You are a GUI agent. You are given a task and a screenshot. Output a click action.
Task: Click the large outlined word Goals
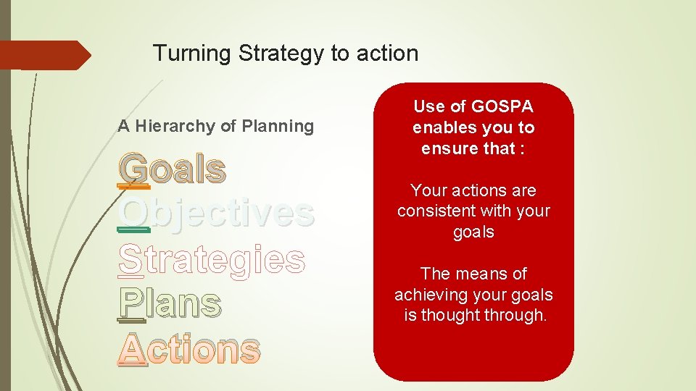tap(173, 169)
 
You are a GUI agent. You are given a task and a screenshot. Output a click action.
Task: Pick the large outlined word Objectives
tap(216, 214)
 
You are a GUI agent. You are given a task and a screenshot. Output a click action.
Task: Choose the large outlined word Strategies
tap(211, 259)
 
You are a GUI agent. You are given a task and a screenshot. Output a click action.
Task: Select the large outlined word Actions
tap(188, 350)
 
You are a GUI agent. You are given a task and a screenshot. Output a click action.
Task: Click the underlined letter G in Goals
tap(133, 169)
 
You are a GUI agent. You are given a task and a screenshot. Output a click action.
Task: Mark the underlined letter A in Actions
tap(132, 350)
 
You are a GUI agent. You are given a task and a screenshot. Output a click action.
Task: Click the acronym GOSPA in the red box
tap(502, 107)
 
